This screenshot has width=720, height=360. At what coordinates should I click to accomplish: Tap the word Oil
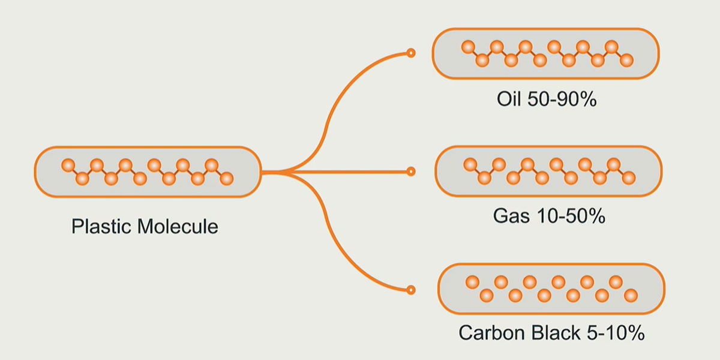click(x=510, y=100)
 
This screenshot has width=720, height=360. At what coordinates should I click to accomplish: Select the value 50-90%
click(x=562, y=100)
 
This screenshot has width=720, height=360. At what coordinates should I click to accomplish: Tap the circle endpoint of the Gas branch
click(x=411, y=172)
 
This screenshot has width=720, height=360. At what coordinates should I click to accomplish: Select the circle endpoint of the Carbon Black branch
click(x=411, y=290)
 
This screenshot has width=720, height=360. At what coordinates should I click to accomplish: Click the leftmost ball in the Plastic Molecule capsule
click(x=68, y=164)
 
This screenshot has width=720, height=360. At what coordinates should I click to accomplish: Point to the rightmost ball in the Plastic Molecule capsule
click(x=227, y=178)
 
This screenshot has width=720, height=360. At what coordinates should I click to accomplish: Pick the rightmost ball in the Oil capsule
click(x=626, y=60)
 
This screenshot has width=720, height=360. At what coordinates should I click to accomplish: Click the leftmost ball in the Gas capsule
click(x=470, y=164)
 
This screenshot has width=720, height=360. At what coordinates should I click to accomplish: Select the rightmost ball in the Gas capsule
click(x=628, y=178)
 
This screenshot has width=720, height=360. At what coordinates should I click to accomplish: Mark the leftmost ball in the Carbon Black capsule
click(x=472, y=281)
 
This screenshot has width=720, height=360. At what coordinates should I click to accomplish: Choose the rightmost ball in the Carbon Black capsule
click(x=631, y=295)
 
